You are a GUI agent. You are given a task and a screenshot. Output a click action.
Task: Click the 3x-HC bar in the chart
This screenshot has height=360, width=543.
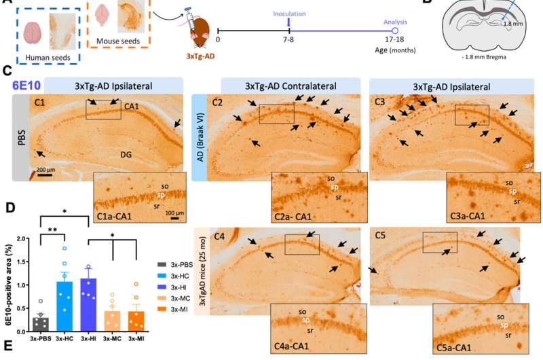pyautogui.click(x=64, y=306)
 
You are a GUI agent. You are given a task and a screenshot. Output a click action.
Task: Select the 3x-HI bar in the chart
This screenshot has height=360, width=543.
pyautogui.click(x=88, y=305)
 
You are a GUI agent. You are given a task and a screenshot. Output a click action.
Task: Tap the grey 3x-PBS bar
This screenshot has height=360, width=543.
pyautogui.click(x=41, y=324)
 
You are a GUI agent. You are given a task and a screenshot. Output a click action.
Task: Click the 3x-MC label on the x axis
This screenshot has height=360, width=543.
pyautogui.click(x=112, y=339)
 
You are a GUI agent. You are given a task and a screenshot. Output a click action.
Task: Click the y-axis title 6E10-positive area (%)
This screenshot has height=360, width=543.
pyautogui.click(x=9, y=285)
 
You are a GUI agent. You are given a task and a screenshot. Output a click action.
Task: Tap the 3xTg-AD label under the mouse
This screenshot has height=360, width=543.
pyautogui.click(x=200, y=56)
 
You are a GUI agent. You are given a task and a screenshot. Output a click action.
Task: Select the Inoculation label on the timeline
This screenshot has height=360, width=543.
pyautogui.click(x=289, y=14)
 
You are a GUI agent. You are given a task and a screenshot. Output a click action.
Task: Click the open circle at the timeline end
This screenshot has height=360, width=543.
pyautogui.click(x=394, y=31)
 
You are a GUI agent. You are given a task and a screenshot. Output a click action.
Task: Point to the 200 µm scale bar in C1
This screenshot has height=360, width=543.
pyautogui.click(x=45, y=175)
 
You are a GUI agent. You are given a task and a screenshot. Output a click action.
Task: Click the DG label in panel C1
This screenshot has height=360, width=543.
pyautogui.click(x=126, y=155)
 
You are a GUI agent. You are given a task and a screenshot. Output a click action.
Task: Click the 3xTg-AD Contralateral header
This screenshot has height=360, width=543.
pyautogui.click(x=291, y=86)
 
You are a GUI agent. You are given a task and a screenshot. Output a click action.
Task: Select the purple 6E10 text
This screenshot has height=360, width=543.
pyautogui.click(x=26, y=85)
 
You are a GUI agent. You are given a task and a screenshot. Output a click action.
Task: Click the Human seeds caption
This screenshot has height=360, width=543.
pyautogui.click(x=48, y=58)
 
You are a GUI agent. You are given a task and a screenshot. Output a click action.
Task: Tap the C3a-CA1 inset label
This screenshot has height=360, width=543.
pyautogui.click(x=468, y=216)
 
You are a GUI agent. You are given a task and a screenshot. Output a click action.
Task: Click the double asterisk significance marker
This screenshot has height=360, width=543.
pyautogui.click(x=53, y=230)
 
